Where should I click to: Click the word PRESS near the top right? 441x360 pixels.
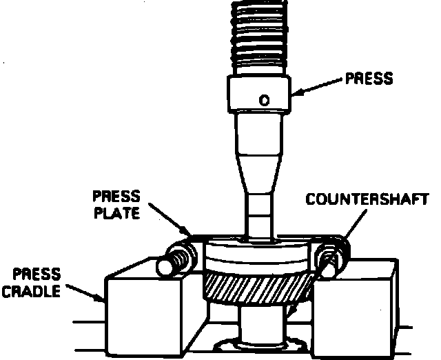369,78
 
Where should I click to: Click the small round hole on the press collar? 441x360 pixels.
263,100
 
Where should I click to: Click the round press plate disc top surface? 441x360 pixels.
258,249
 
